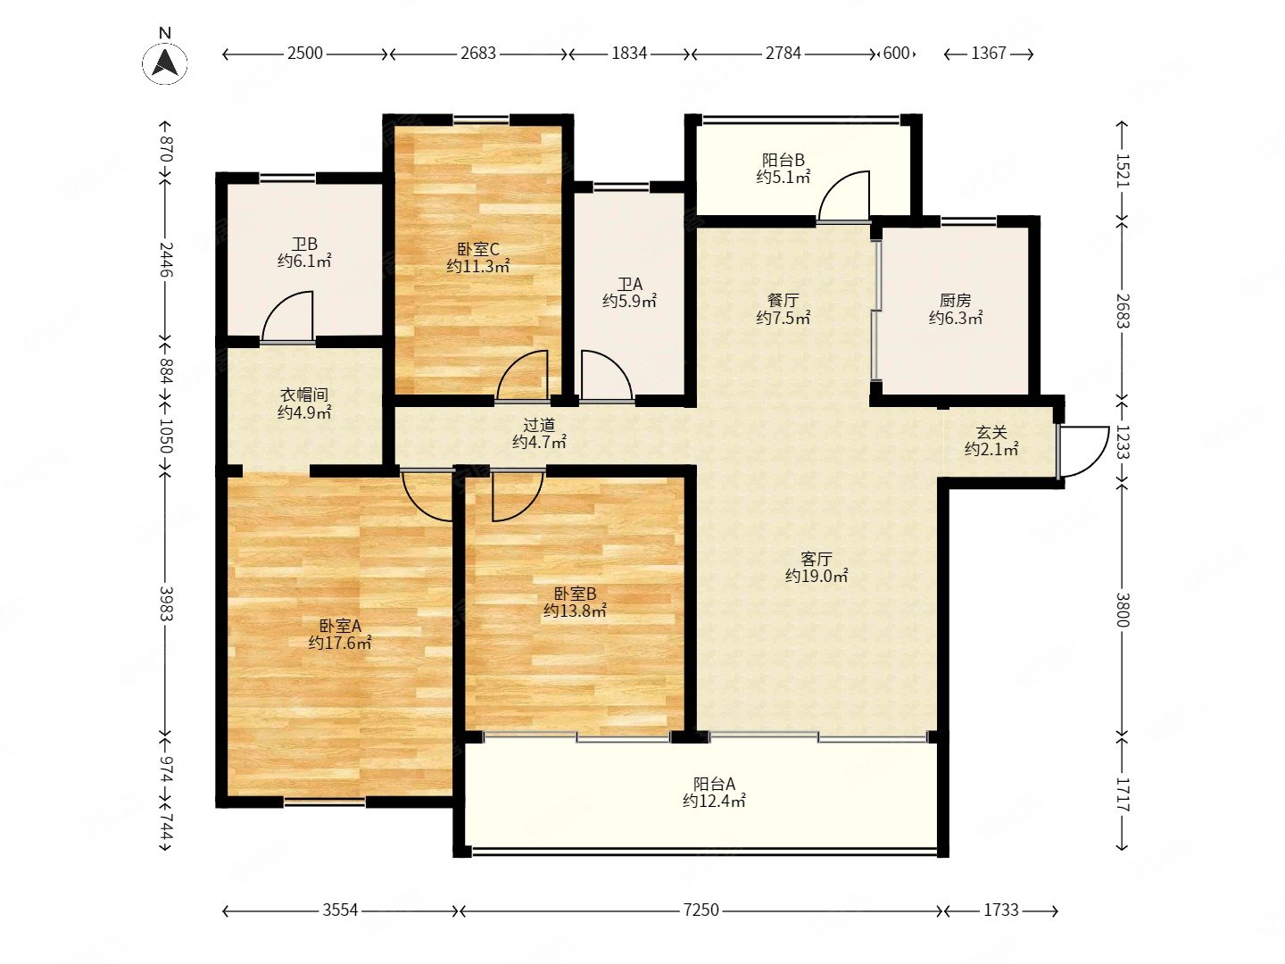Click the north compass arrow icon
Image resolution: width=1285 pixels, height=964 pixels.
164,62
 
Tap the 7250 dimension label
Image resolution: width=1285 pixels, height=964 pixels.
701,910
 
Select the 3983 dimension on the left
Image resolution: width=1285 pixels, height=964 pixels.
166,604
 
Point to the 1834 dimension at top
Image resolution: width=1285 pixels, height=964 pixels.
629,54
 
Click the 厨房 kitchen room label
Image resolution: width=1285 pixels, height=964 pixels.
955,300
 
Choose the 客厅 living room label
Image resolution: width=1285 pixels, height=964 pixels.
817,559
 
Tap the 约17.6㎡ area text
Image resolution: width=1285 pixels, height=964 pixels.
340,644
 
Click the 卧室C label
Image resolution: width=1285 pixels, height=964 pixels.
477,250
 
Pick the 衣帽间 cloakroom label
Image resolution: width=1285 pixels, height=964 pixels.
303,395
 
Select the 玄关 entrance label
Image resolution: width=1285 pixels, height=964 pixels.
991,433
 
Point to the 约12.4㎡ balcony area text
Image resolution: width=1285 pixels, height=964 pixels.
714,802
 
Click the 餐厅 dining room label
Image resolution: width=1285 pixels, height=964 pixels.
783,300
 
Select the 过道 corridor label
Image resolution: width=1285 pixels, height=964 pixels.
539,424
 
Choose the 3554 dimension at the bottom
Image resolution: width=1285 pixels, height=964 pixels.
340,910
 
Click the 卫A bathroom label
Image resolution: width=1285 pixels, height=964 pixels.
629,285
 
